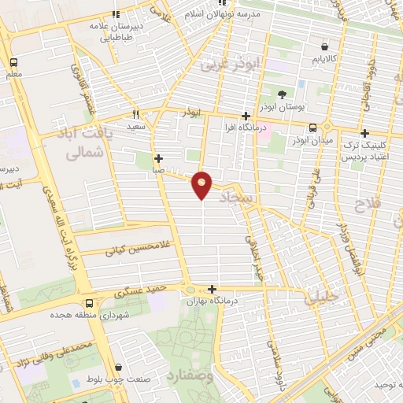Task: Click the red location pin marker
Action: click(202, 184)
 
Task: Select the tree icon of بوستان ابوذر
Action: click(283, 94)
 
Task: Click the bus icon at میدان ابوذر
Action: click(313, 128)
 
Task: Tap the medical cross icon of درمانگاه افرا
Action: click(246, 116)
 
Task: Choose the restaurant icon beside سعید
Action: click(136, 113)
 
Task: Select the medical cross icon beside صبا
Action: click(159, 157)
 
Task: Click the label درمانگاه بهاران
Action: click(213, 301)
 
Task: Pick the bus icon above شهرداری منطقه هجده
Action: click(89, 303)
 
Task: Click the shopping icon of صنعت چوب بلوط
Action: click(119, 366)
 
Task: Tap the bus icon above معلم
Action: click(13, 62)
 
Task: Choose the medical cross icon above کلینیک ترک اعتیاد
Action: click(364, 134)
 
